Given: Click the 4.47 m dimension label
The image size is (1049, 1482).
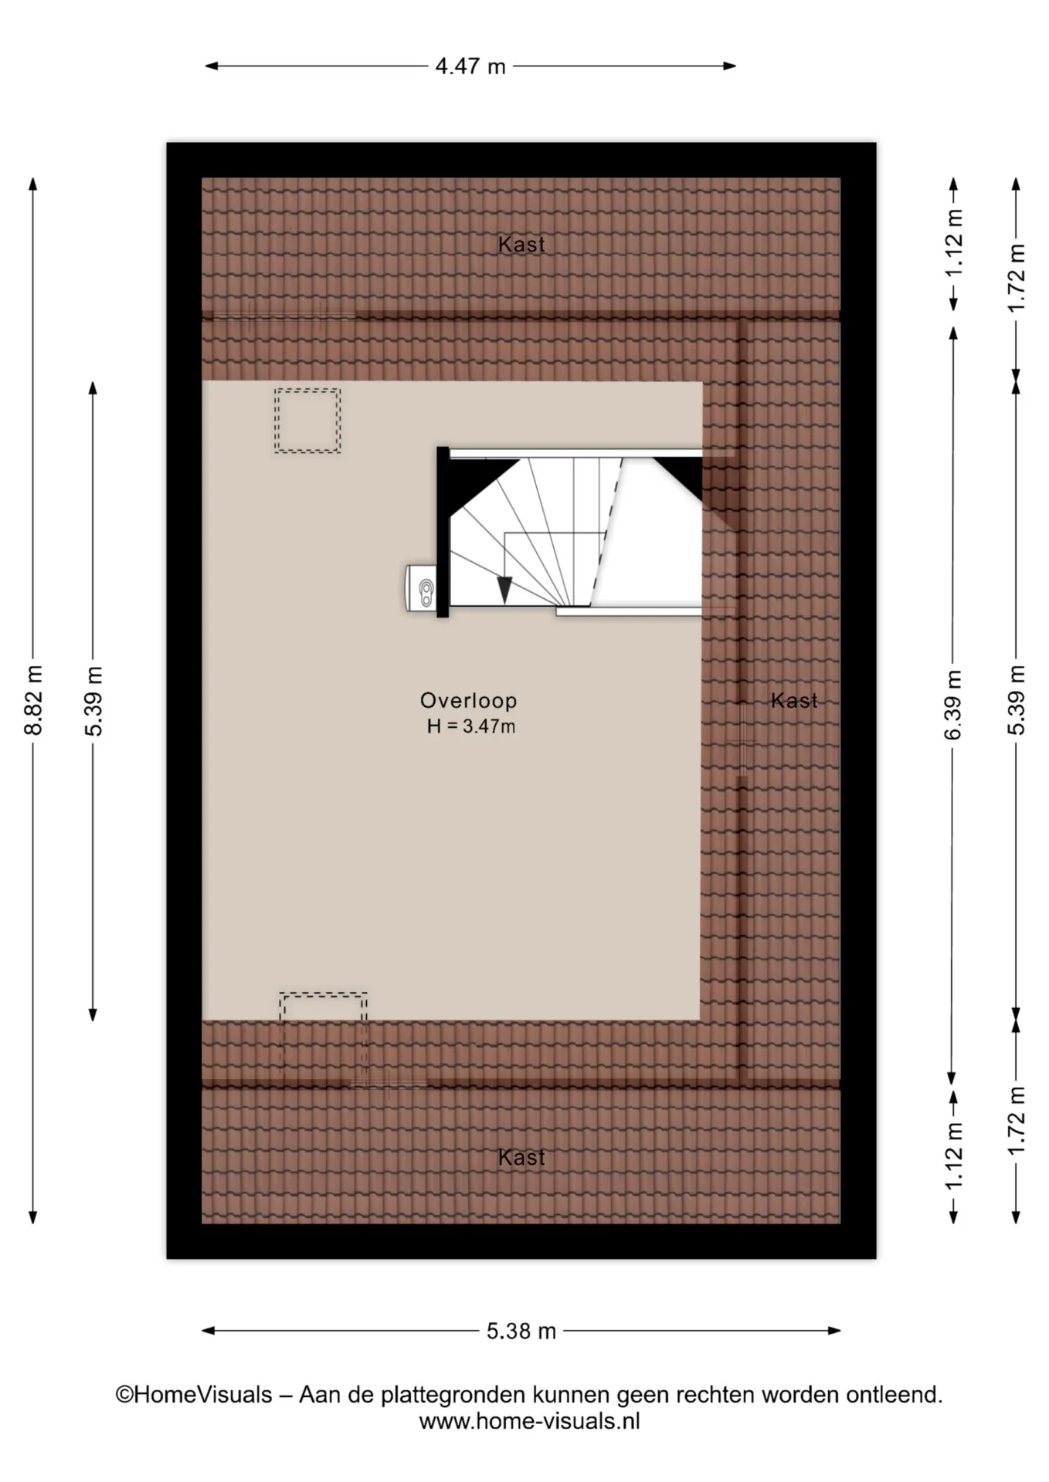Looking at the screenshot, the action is point(470,66).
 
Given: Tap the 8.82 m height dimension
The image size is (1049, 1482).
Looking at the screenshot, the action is point(33,700).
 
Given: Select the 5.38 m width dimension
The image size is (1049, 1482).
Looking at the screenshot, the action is point(521,1331).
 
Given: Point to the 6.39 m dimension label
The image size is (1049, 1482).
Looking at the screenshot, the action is point(953,705).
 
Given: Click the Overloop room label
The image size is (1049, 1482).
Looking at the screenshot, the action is point(469,700).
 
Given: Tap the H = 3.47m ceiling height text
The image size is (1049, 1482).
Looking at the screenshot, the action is point(471,726).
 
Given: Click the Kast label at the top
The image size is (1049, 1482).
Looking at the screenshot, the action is point(521,245).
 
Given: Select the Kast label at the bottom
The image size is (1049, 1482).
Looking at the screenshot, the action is point(521,1157).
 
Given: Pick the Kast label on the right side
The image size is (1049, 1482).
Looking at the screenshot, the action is point(794,700).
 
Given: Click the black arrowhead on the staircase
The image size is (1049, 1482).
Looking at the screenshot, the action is point(504,590).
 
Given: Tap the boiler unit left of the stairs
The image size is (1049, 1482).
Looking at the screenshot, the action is point(421,588).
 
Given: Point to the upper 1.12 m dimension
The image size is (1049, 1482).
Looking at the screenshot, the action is point(953,243).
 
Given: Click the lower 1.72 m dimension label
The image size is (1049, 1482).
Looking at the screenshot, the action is point(1017,1121).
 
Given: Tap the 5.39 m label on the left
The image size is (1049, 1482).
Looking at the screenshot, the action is point(93,700).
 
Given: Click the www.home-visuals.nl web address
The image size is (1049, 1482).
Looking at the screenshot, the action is point(530,1421).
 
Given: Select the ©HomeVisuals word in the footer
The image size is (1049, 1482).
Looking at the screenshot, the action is point(194,1395).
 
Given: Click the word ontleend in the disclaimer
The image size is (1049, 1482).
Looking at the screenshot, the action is point(895,1395).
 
